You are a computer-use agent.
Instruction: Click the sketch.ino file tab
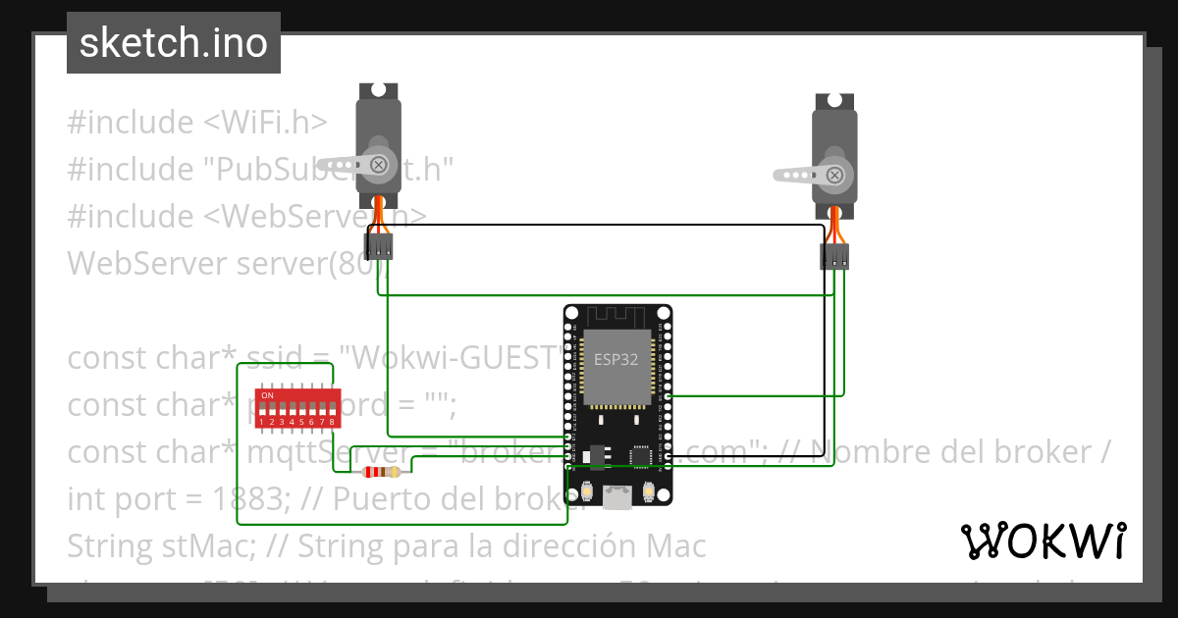point(174,43)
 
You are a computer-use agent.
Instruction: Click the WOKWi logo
point(1043,541)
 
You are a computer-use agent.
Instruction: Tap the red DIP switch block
point(296,408)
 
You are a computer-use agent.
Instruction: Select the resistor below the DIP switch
point(381,473)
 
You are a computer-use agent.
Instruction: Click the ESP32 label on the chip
point(616,360)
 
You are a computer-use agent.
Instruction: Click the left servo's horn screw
point(378,163)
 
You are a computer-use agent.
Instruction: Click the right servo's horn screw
point(834,176)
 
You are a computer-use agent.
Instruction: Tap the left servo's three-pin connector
point(379,246)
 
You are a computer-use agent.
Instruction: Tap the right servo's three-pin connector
point(834,257)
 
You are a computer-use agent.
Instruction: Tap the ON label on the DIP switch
point(267,395)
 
